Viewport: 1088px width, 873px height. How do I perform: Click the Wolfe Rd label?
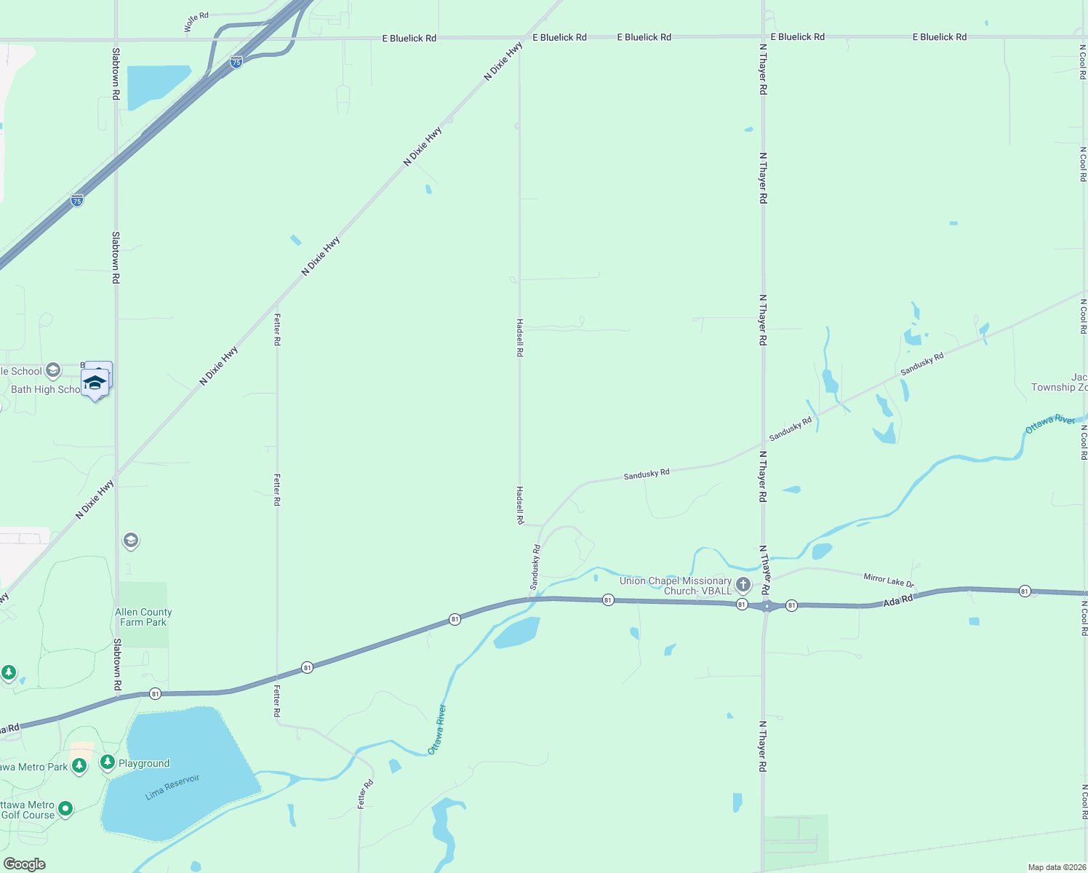196,22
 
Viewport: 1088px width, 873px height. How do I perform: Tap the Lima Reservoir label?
172,787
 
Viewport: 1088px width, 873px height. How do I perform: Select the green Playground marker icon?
108,762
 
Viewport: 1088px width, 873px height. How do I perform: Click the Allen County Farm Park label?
143,617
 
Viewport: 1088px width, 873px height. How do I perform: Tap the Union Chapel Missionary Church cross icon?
743,584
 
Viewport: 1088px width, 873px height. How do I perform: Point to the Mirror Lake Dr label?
888,580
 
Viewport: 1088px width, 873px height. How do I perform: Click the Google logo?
24,864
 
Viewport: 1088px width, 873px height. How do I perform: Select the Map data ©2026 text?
1056,867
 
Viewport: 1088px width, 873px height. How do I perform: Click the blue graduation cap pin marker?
95,383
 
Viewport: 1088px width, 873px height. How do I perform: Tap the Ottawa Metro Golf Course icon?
65,808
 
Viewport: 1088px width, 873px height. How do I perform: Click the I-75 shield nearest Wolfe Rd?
236,63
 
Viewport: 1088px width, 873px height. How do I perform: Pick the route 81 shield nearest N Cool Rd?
1025,591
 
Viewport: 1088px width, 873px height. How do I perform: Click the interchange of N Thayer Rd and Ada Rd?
766,606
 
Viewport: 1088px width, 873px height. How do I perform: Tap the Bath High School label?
45,389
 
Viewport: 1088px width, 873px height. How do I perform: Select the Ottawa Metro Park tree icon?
79,765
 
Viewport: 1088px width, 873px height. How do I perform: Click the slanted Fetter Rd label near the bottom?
365,794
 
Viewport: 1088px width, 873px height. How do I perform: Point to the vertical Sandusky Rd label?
535,567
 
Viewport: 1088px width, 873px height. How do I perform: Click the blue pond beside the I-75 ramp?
156,86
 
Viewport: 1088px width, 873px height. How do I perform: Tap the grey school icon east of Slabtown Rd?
131,540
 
